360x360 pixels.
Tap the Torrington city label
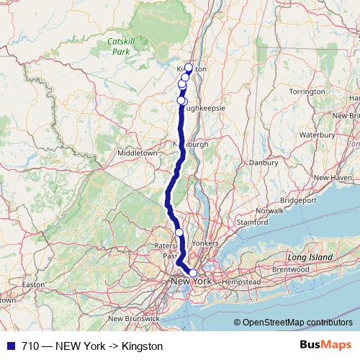click(307, 91)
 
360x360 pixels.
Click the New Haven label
click(331, 177)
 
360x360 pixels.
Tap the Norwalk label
click(269, 210)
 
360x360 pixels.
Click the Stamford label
click(252, 222)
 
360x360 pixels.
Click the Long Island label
click(310, 257)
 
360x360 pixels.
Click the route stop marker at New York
click(192, 273)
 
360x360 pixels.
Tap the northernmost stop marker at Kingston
click(189, 68)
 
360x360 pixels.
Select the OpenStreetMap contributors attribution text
click(297, 322)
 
